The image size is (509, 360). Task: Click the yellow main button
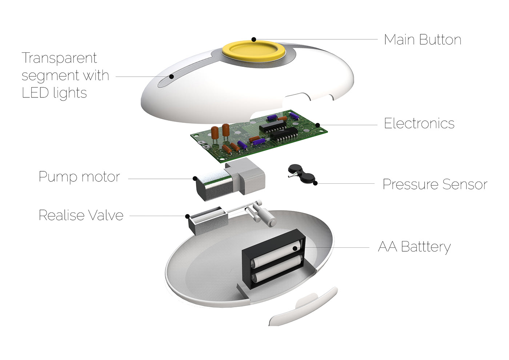(254, 51)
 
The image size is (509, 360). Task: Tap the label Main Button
(422, 40)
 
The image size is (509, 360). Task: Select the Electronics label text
(419, 123)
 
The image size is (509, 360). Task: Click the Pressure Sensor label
(435, 184)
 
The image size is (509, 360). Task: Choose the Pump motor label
(79, 177)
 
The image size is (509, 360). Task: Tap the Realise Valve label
(81, 215)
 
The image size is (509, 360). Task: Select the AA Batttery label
(414, 247)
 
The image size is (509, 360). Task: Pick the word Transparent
(59, 58)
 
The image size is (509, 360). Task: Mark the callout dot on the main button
(254, 39)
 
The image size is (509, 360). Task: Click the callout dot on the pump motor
(195, 179)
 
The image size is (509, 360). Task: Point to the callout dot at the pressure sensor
(315, 183)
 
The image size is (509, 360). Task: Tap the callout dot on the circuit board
(317, 125)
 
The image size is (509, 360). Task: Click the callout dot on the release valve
(187, 216)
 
